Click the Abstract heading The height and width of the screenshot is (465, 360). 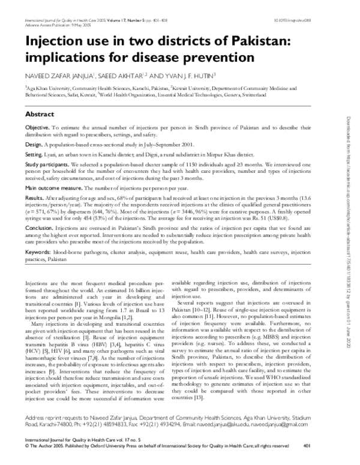coord(42,113)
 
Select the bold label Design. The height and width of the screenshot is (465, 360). coord(34,145)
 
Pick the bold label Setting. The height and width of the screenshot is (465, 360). coord(34,154)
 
